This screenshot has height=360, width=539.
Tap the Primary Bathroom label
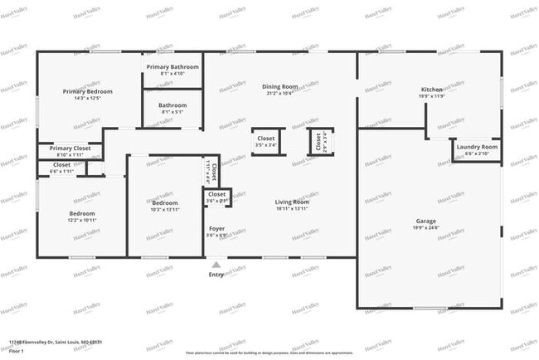pyautogui.click(x=172, y=66)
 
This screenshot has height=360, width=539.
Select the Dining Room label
pyautogui.click(x=279, y=86)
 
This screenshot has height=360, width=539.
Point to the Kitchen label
pyautogui.click(x=431, y=89)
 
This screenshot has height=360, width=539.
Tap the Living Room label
pyautogui.click(x=292, y=202)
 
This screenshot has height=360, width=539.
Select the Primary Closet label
pyautogui.click(x=70, y=148)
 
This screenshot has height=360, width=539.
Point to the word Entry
pyautogui.click(x=216, y=275)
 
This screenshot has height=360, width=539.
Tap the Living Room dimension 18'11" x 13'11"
pyautogui.click(x=292, y=209)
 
